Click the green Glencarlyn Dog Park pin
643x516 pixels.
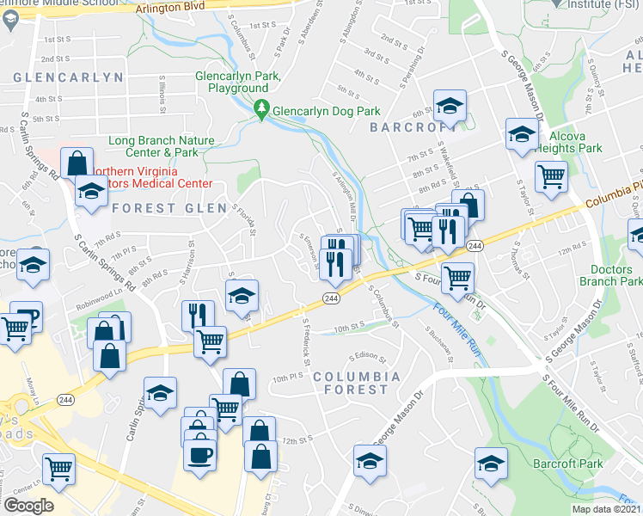pos(261,110)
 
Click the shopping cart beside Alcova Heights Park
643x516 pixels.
pos(551,175)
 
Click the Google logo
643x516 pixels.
pos(28,506)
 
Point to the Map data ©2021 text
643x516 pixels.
pos(606,508)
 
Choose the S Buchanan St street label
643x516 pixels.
pos(437,332)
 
